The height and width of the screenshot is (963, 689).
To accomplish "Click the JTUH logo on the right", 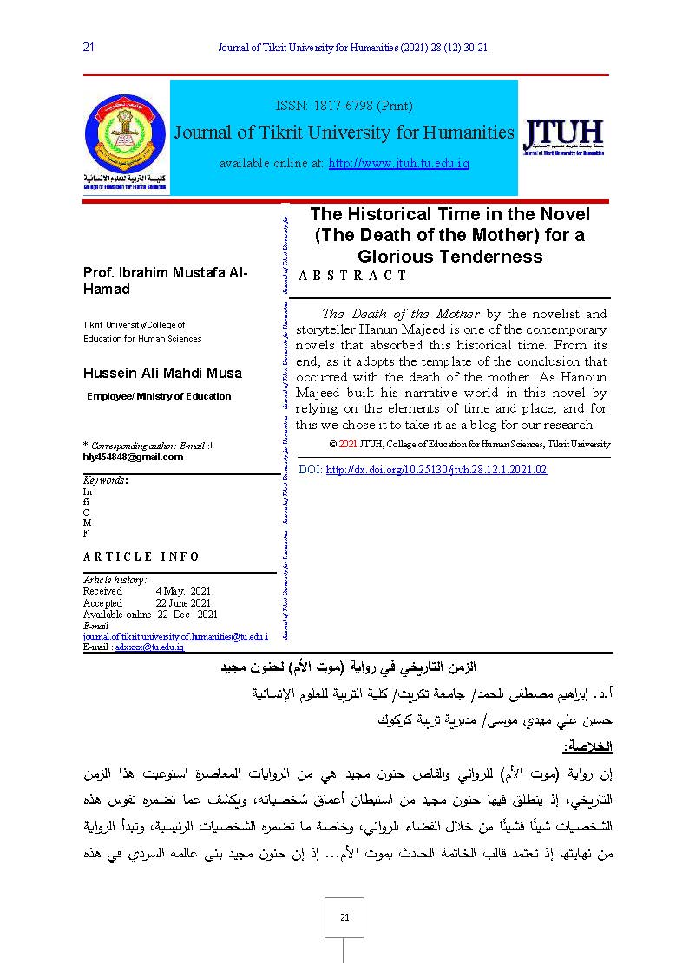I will [x=563, y=139].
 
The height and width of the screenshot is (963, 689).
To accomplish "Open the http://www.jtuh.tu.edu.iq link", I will [x=398, y=163].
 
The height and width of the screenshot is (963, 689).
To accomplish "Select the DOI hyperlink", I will [x=436, y=470].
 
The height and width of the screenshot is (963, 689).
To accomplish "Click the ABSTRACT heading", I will [x=352, y=276].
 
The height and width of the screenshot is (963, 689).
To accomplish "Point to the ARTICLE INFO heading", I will [x=141, y=556].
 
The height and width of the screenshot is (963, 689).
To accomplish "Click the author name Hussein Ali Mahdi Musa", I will [x=162, y=374].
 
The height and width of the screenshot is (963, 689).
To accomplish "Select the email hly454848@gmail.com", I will [x=133, y=457].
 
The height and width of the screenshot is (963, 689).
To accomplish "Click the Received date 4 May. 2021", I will [x=183, y=591].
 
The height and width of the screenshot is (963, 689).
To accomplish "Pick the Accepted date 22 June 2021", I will [x=183, y=603].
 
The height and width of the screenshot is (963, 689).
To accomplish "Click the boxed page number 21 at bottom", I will [x=344, y=917].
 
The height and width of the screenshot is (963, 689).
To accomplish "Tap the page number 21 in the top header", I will [x=88, y=48].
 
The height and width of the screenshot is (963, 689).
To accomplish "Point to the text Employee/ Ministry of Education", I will [x=159, y=396].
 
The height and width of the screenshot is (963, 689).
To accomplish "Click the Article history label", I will [x=115, y=580].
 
